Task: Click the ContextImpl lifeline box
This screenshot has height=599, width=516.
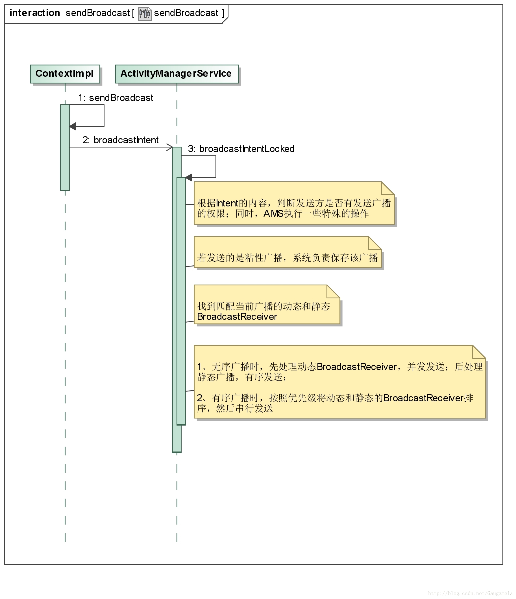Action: coord(65,74)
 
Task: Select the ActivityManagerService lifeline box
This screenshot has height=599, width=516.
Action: coord(177,74)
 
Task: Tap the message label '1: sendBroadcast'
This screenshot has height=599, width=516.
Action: coord(116,98)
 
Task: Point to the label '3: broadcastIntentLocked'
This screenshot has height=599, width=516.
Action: coord(241,149)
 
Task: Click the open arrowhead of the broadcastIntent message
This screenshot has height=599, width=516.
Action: coord(170,147)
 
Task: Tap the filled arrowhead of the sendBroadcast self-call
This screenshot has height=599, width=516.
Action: coord(73,126)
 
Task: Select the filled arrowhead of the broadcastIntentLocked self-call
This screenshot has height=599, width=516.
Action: coord(188,177)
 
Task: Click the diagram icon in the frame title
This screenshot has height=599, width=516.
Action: coord(144,14)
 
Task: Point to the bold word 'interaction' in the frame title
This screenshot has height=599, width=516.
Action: coord(35,13)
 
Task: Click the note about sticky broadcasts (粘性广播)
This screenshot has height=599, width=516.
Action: coord(287,257)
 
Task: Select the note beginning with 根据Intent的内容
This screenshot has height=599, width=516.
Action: coord(294,208)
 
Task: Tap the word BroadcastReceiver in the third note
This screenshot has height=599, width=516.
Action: coord(237,316)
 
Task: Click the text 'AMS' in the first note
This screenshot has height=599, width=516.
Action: coord(273,214)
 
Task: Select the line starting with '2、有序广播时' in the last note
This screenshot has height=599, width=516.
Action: coord(335,398)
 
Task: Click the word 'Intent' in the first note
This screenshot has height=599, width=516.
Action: coord(227,203)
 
